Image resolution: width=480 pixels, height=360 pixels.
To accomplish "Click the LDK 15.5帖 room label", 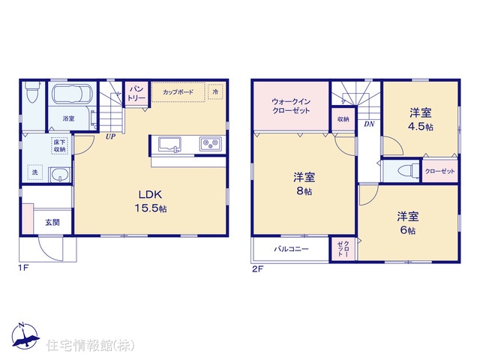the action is click(x=151, y=201).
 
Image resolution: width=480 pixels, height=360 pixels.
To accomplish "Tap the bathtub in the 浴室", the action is click(x=73, y=94).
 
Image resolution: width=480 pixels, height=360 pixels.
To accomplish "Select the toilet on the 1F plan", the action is click(x=31, y=91).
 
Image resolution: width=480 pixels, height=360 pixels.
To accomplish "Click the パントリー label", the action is click(x=136, y=94).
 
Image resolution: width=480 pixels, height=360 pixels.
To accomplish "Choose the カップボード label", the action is click(x=178, y=91).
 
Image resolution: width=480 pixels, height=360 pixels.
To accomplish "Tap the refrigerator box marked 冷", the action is click(x=215, y=91).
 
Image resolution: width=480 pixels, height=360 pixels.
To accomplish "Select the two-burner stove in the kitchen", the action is click(x=210, y=143).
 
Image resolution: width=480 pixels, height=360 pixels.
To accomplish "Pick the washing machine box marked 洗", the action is click(x=35, y=172).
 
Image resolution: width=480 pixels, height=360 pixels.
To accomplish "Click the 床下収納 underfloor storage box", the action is click(x=59, y=146).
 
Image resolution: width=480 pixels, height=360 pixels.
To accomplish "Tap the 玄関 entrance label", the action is click(x=52, y=223).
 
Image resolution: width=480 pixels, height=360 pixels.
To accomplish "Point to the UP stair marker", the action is click(x=110, y=136).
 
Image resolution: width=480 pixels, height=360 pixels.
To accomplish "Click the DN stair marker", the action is click(x=369, y=124).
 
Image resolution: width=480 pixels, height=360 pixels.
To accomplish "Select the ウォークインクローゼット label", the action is click(x=291, y=106).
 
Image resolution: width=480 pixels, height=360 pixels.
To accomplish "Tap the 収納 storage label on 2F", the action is click(x=343, y=119).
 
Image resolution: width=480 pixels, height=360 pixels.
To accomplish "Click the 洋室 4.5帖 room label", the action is click(x=421, y=120).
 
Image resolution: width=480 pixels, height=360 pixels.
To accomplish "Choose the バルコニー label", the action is click(x=291, y=249).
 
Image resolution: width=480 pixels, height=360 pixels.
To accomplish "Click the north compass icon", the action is click(x=25, y=335).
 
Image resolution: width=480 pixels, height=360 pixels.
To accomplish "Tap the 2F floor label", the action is click(x=258, y=269).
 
